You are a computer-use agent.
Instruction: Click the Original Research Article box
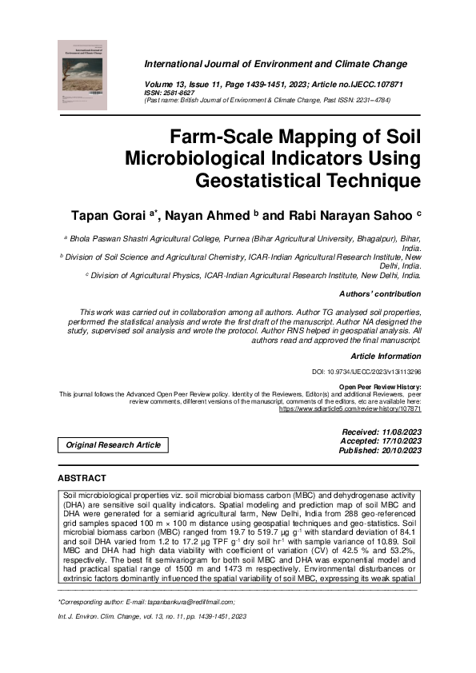pyautogui.click(x=113, y=444)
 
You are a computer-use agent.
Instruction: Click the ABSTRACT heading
pyautogui.click(x=82, y=478)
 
